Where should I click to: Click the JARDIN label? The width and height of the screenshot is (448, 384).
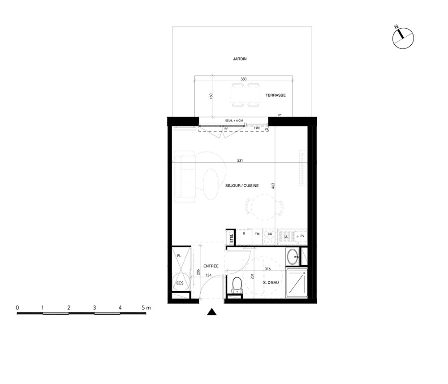240,59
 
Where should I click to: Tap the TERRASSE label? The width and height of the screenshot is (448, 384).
276,95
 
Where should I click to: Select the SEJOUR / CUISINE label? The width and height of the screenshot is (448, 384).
242,186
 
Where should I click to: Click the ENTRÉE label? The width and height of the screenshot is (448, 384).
211,266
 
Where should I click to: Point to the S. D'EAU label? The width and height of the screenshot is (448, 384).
271,283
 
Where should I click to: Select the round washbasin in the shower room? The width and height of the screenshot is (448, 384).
293,257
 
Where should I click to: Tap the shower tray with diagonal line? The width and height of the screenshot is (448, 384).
297,283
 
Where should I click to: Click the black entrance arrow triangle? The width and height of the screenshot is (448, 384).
212,312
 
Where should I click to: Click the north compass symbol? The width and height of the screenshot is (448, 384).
403,38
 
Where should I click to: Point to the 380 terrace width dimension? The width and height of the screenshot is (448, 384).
243,79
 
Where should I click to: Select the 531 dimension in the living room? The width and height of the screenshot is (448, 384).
240,160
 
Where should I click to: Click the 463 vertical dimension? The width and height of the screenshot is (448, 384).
273,186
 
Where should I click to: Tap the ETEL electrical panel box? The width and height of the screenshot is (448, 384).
231,237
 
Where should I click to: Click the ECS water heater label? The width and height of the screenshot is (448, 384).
180,283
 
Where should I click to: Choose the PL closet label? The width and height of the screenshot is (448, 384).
179,256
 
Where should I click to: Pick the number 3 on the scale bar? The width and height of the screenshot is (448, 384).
94,308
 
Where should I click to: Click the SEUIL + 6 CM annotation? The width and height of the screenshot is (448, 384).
234,121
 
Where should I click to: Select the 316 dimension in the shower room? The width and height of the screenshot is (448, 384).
268,269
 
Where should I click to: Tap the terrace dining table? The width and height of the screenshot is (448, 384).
246,95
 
